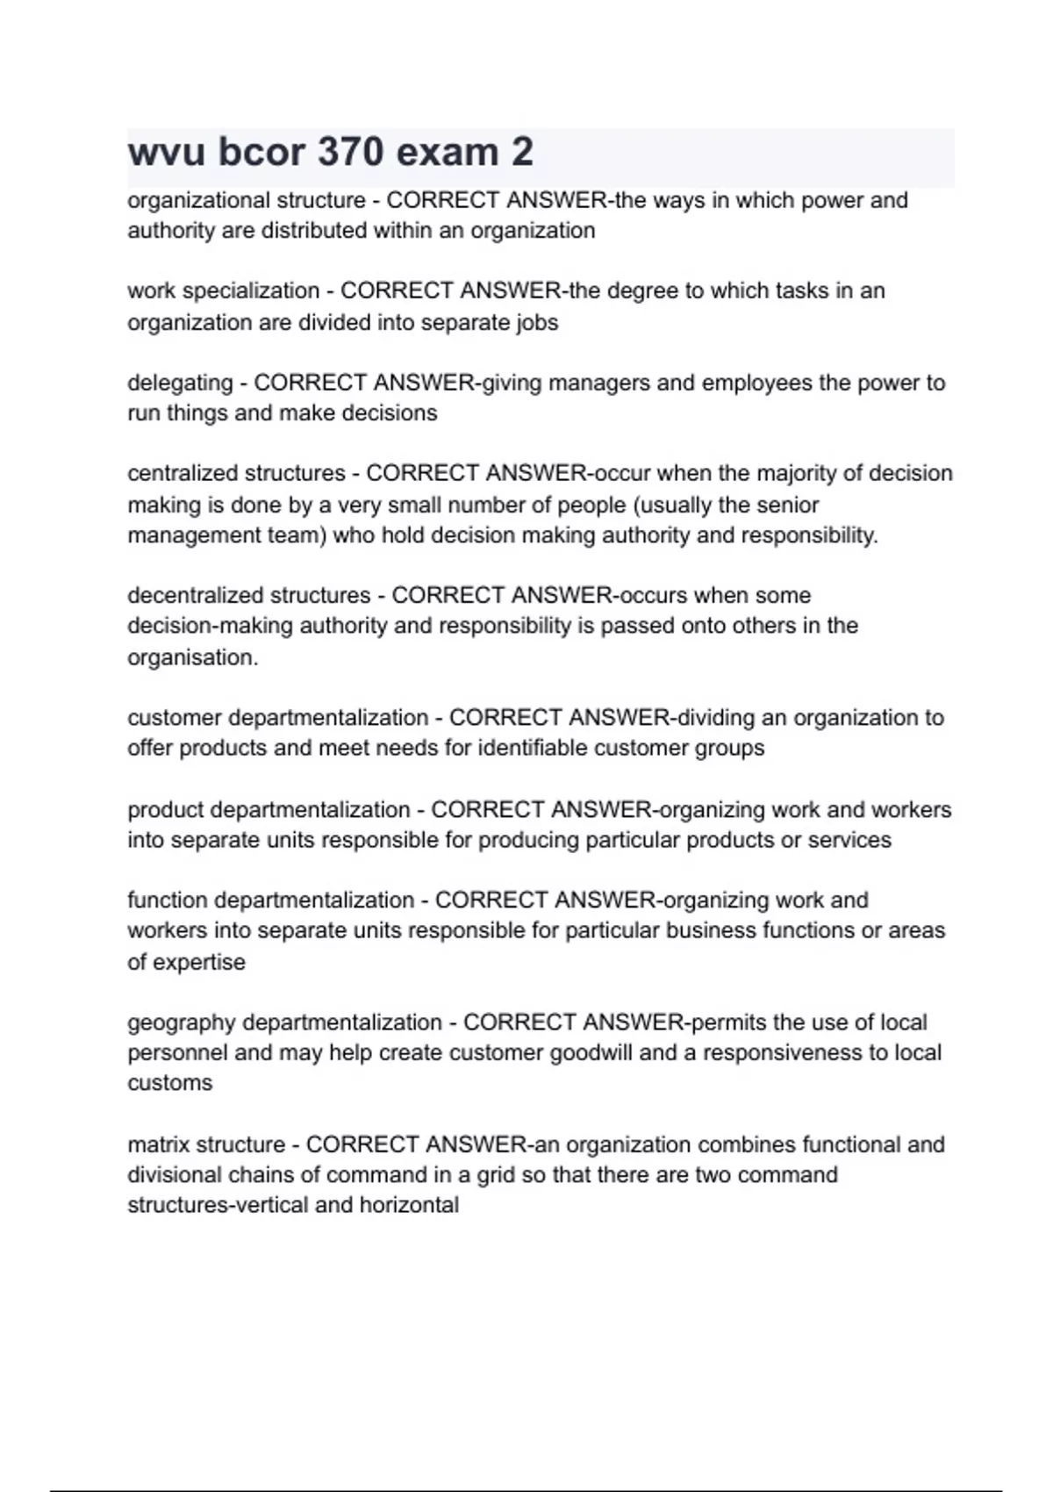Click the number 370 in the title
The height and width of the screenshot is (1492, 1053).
coord(351,152)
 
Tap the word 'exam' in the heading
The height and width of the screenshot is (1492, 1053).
coord(447,152)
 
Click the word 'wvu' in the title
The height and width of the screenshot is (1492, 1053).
coord(167,152)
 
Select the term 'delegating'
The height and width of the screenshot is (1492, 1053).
coord(180,383)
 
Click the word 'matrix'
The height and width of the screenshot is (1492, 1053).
coord(158,1144)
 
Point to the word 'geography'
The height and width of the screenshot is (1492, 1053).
coord(181,1022)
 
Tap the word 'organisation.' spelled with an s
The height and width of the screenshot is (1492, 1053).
coord(193,657)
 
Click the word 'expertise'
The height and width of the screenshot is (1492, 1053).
coord(199,962)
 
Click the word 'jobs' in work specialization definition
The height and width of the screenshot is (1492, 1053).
coord(536,322)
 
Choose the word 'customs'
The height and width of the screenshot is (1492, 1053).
coord(169,1083)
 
